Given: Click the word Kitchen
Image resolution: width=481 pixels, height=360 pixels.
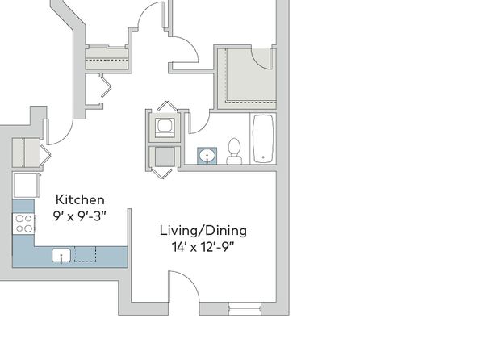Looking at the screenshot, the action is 80,199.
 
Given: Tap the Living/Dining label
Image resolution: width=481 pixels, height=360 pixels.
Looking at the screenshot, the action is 203,231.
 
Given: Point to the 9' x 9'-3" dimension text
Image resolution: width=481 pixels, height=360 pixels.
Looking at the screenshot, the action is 79,216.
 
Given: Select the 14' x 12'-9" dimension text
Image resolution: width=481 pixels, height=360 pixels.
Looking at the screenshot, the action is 203,247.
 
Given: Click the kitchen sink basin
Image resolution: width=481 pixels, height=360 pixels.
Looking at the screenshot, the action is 61,256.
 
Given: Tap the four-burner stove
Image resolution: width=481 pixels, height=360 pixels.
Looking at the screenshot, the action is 23,223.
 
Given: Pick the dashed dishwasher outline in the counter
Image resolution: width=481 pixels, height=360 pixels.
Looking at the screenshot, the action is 86,254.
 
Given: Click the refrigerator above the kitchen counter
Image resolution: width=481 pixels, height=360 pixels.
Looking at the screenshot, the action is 27,185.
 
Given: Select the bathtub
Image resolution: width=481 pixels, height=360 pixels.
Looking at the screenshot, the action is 263,138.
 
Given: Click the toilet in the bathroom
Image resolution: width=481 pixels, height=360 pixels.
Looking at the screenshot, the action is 234,152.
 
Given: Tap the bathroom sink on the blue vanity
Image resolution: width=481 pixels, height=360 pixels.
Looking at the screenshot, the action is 207,156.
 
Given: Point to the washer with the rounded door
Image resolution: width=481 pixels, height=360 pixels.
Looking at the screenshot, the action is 165,128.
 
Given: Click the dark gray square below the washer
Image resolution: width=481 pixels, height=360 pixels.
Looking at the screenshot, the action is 165,157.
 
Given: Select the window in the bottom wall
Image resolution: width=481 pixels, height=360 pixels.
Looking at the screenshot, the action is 245,308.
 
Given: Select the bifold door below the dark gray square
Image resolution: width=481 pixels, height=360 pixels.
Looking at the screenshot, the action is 162,174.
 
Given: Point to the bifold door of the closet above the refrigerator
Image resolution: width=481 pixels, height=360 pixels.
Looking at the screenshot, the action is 46,155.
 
